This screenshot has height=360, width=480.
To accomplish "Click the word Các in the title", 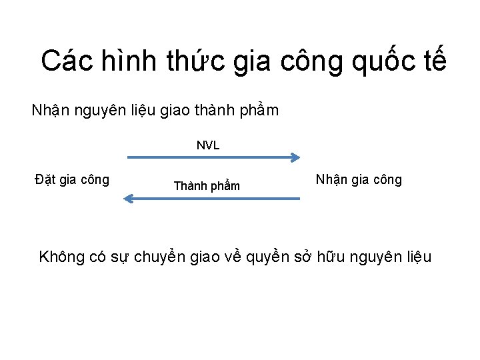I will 63,61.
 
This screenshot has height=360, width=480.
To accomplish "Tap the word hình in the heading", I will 124,61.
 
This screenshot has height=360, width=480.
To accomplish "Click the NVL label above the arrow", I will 208,145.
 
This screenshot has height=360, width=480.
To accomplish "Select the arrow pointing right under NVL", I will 213,158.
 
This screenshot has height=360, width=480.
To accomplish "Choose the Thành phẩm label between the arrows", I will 207,186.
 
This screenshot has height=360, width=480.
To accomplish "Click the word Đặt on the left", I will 46,179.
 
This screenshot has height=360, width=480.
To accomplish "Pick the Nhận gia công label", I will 359,179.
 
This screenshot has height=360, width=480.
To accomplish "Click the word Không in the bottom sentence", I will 62,257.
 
